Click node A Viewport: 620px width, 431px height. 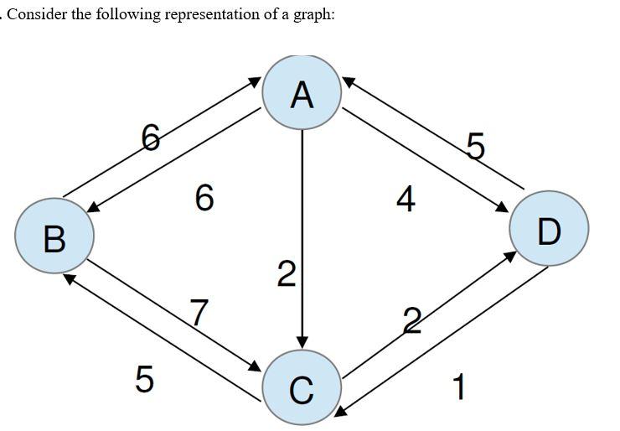click(302, 92)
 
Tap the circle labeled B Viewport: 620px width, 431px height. click(54, 235)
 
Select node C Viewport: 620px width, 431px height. click(302, 387)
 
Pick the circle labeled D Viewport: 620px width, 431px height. click(550, 228)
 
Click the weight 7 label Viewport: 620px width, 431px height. click(199, 312)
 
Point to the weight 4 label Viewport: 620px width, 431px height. click(406, 200)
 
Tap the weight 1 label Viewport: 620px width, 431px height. click(457, 387)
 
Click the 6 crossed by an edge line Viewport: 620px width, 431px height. click(151, 136)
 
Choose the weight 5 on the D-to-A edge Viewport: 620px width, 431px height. click(475, 148)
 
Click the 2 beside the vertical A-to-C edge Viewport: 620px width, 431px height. click(287, 274)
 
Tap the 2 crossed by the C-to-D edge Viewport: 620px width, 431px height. click(411, 319)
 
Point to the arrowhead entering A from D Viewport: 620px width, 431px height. click(347, 81)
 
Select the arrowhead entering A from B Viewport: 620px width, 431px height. click(256, 81)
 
